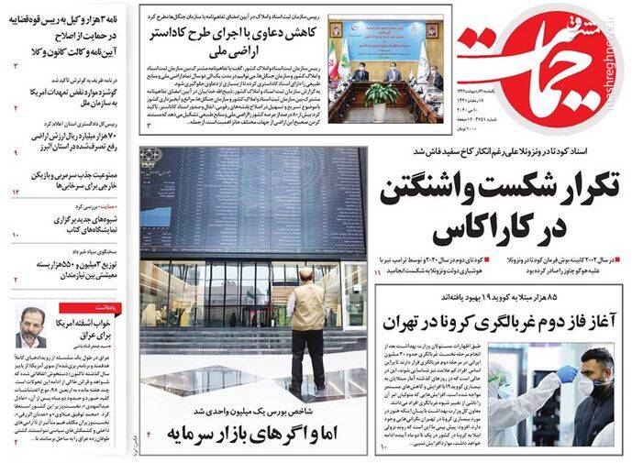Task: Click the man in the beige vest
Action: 305,316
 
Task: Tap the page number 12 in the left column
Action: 16,193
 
